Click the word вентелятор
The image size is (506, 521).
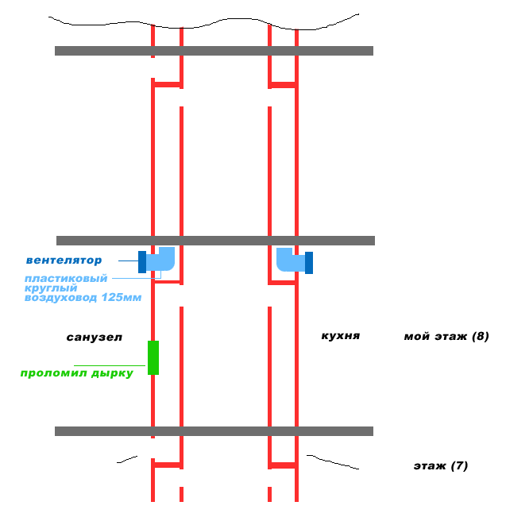64,260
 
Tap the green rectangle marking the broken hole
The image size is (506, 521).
153,357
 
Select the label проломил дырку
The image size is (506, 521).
77,373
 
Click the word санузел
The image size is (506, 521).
95,338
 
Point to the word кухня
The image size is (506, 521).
341,336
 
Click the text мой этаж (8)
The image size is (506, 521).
446,337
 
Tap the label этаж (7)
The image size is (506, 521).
441,466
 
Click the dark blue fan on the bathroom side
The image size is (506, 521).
142,262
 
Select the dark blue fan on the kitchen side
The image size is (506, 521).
309,263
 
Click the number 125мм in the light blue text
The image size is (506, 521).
122,297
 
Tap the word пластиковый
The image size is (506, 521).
66,279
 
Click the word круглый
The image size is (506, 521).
51,288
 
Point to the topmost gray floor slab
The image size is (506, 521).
214,51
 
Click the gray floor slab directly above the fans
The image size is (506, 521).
215,241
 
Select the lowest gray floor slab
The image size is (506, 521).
214,431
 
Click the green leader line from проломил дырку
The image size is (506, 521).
110,365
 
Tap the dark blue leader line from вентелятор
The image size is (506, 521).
128,260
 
